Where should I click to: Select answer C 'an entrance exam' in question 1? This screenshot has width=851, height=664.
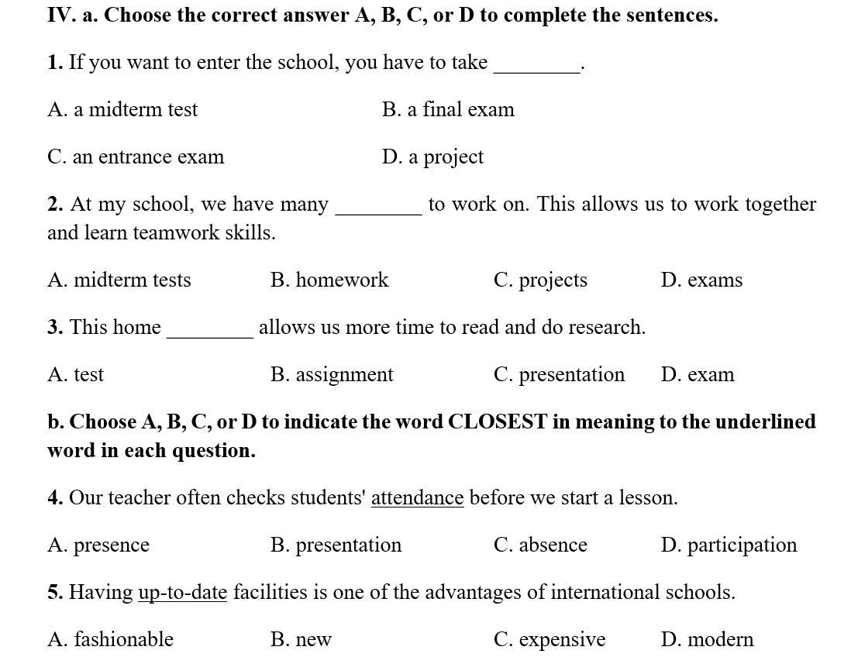pos(136,157)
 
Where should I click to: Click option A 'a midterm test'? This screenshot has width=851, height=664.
pos(122,109)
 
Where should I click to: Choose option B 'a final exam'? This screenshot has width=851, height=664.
pos(448,109)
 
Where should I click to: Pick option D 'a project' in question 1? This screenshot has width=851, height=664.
pos(432,157)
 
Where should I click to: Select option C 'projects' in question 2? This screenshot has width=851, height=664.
pos(540,280)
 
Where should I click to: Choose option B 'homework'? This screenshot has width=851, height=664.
pos(329,280)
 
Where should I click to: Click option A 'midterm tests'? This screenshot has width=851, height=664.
pos(119,280)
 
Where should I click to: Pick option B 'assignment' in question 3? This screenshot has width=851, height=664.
pos(332,374)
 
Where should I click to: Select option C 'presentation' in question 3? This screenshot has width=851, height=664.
pos(559,374)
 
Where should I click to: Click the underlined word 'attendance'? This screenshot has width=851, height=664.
pos(417,497)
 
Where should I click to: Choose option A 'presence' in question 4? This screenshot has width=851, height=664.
pos(98,545)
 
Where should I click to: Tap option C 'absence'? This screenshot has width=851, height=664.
pos(540,545)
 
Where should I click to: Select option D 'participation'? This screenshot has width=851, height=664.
pos(729,545)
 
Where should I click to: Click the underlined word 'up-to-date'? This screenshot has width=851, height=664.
pos(182,593)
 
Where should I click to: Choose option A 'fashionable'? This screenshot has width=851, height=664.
pos(111,639)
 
